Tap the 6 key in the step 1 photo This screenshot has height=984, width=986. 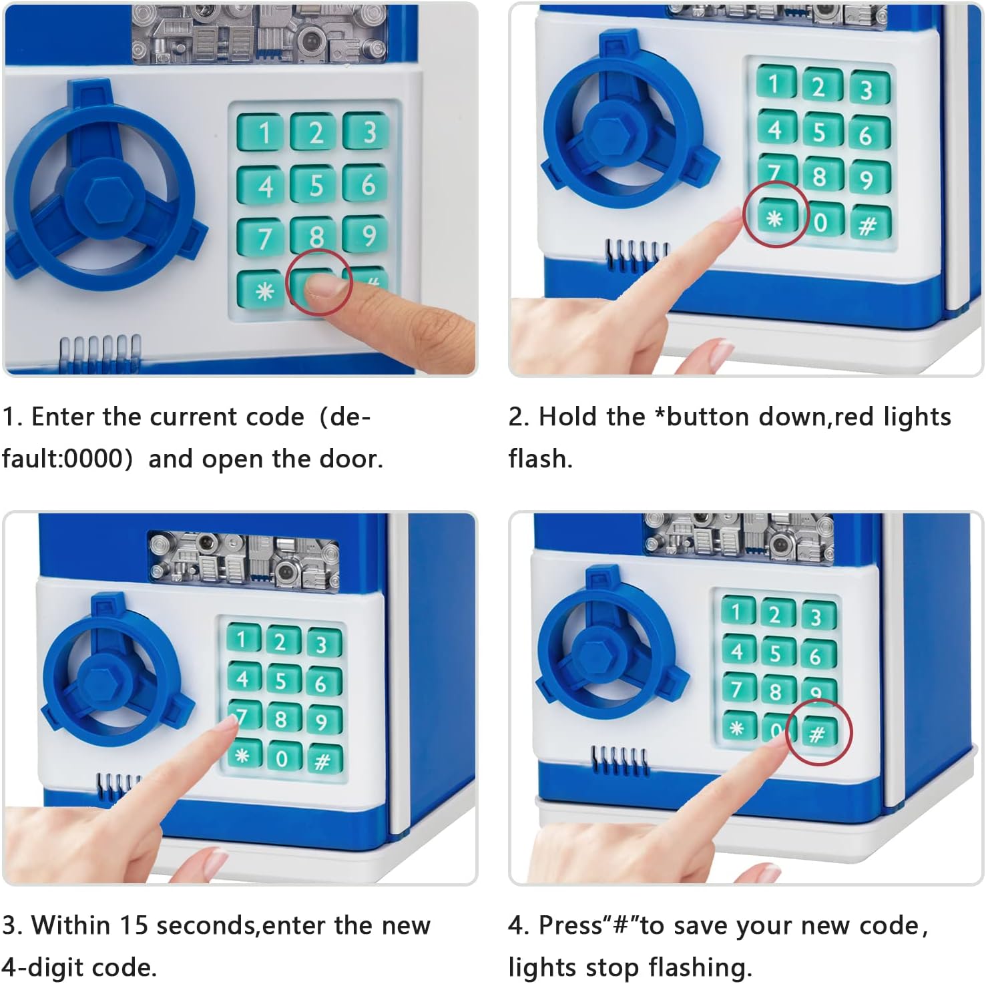[x=366, y=183]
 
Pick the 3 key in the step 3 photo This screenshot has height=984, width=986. [x=323, y=642]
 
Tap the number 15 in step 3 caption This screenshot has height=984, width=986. [x=133, y=925]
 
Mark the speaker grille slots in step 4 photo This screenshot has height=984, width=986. [x=620, y=760]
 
